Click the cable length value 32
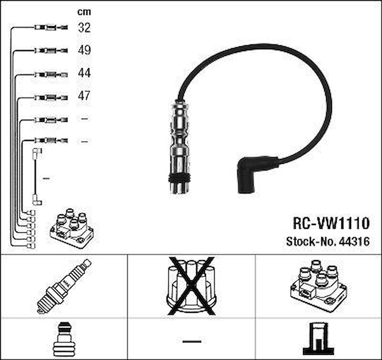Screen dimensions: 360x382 (x=84, y=28)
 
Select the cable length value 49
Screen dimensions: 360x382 (x=84, y=50)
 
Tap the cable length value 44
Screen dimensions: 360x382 (x=84, y=73)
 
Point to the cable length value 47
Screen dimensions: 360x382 (x=84, y=96)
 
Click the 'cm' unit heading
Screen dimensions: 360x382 (x=84, y=12)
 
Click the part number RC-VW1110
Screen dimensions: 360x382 (x=331, y=223)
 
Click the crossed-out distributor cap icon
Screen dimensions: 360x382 (x=191, y=285)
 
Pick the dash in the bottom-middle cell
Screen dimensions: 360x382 (x=192, y=341)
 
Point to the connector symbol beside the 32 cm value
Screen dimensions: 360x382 (x=51, y=28)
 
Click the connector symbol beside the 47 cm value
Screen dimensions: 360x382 (x=51, y=97)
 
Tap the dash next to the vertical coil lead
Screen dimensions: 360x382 (x=46, y=178)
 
